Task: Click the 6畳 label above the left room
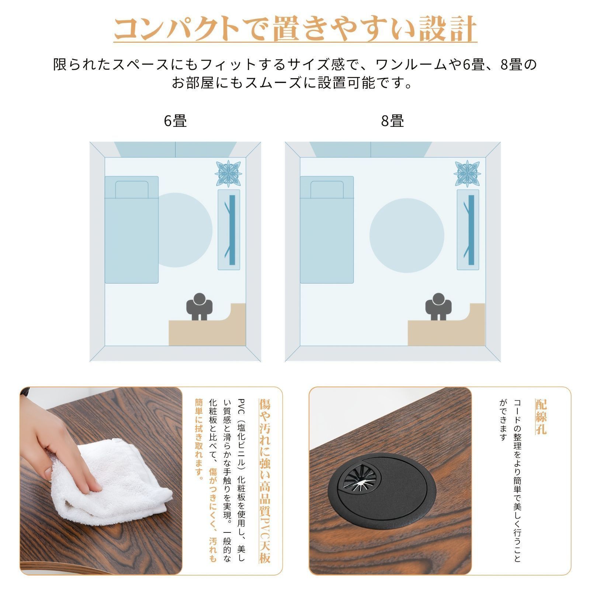point(176,121)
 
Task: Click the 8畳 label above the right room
point(392,121)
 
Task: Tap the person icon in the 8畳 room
point(439,306)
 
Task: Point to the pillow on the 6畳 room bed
point(132,189)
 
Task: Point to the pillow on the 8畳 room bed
point(327,189)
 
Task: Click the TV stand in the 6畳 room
point(229,230)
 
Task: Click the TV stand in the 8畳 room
point(468,230)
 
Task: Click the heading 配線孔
point(541,417)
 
